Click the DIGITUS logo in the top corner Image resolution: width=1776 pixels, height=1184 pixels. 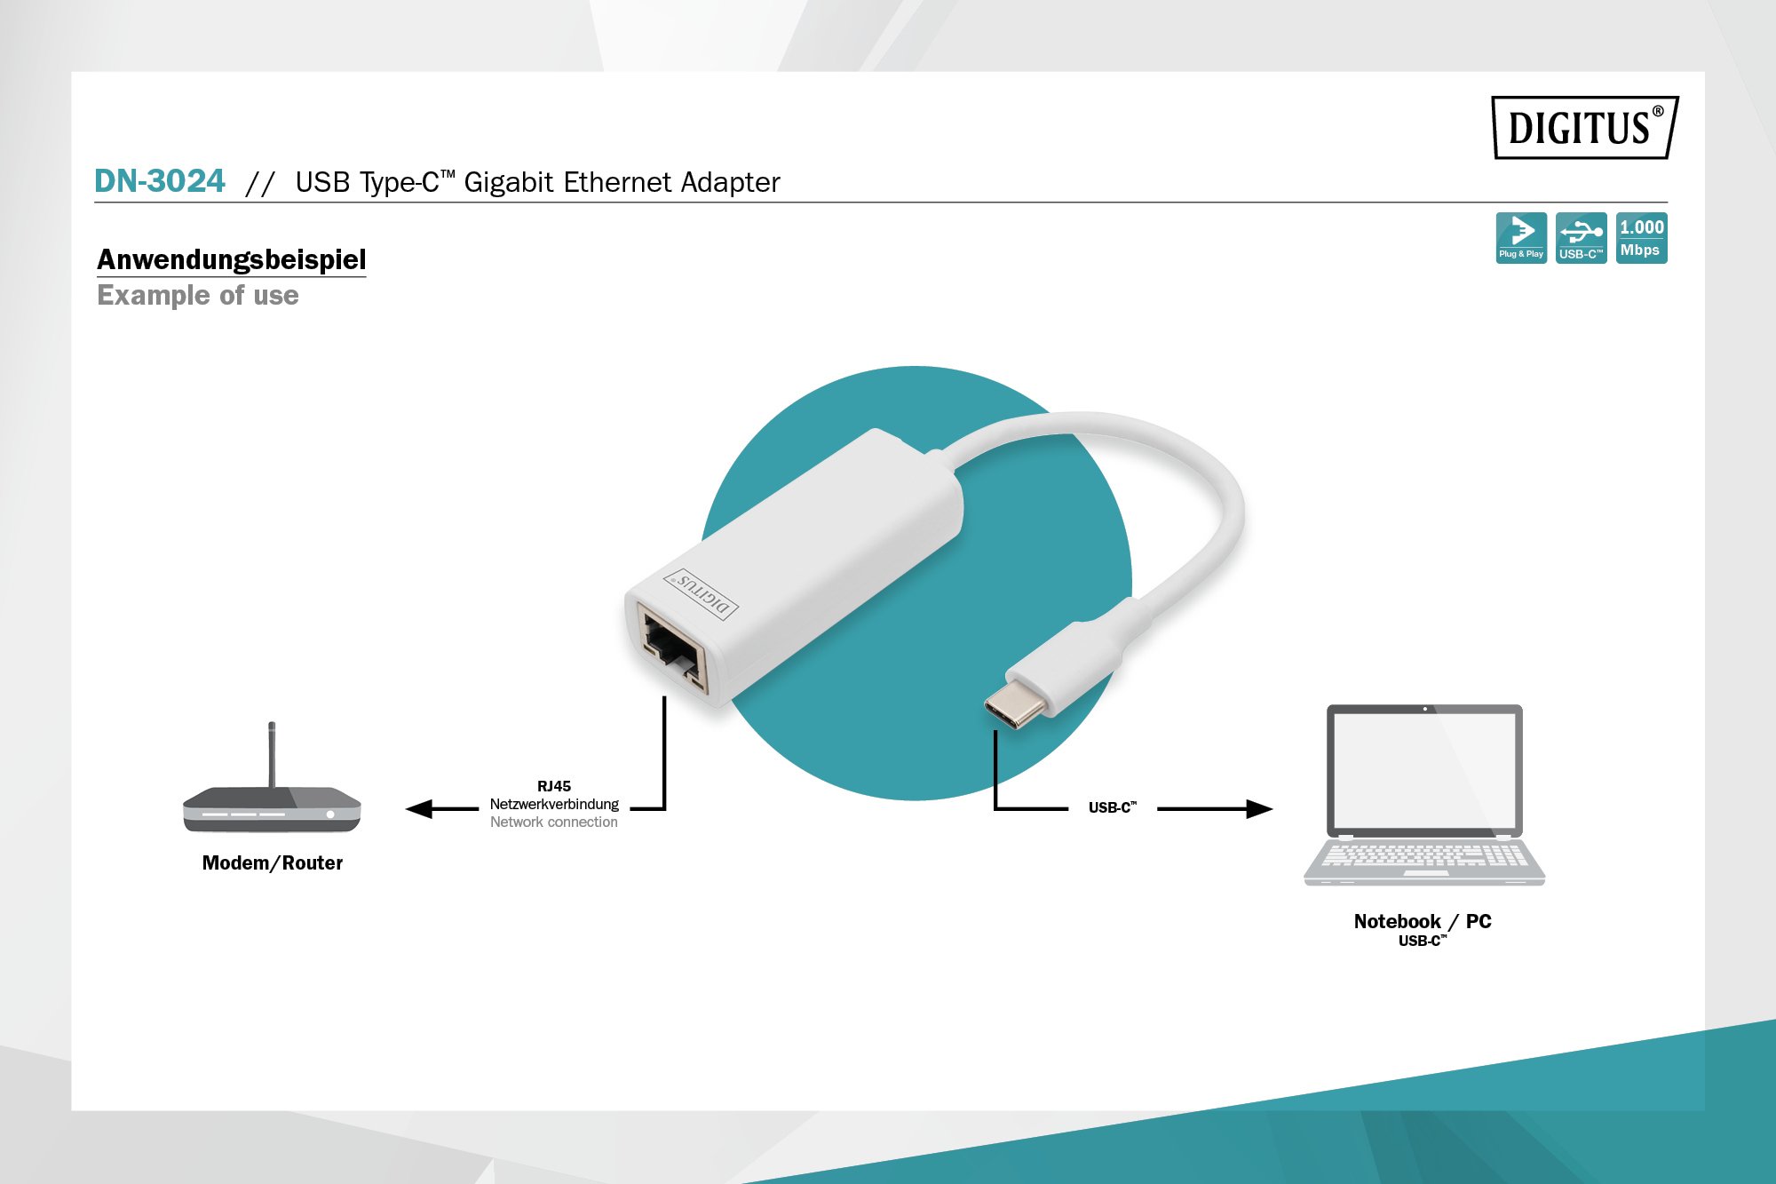point(1584,128)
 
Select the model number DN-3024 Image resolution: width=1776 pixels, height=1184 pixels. point(160,181)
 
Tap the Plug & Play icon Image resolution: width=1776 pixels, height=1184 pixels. point(1520,237)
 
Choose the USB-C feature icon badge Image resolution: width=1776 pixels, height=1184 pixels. point(1581,237)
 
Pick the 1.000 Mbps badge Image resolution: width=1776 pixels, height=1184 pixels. point(1641,237)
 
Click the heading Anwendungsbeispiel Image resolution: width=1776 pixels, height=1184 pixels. point(231,259)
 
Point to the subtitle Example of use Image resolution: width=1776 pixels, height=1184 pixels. point(197,295)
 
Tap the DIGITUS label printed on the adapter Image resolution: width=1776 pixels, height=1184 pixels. point(702,593)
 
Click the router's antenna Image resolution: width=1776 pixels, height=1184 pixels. point(272,753)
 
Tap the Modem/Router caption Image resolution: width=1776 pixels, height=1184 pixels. point(272,862)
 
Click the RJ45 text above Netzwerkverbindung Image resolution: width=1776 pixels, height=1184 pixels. point(553,786)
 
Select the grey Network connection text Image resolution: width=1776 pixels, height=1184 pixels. point(553,822)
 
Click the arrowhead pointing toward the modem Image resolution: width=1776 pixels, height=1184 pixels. point(419,808)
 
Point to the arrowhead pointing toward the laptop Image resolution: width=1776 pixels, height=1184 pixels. point(1259,808)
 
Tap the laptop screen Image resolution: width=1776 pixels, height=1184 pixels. point(1424,769)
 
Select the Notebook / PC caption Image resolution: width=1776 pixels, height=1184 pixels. point(1422,921)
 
